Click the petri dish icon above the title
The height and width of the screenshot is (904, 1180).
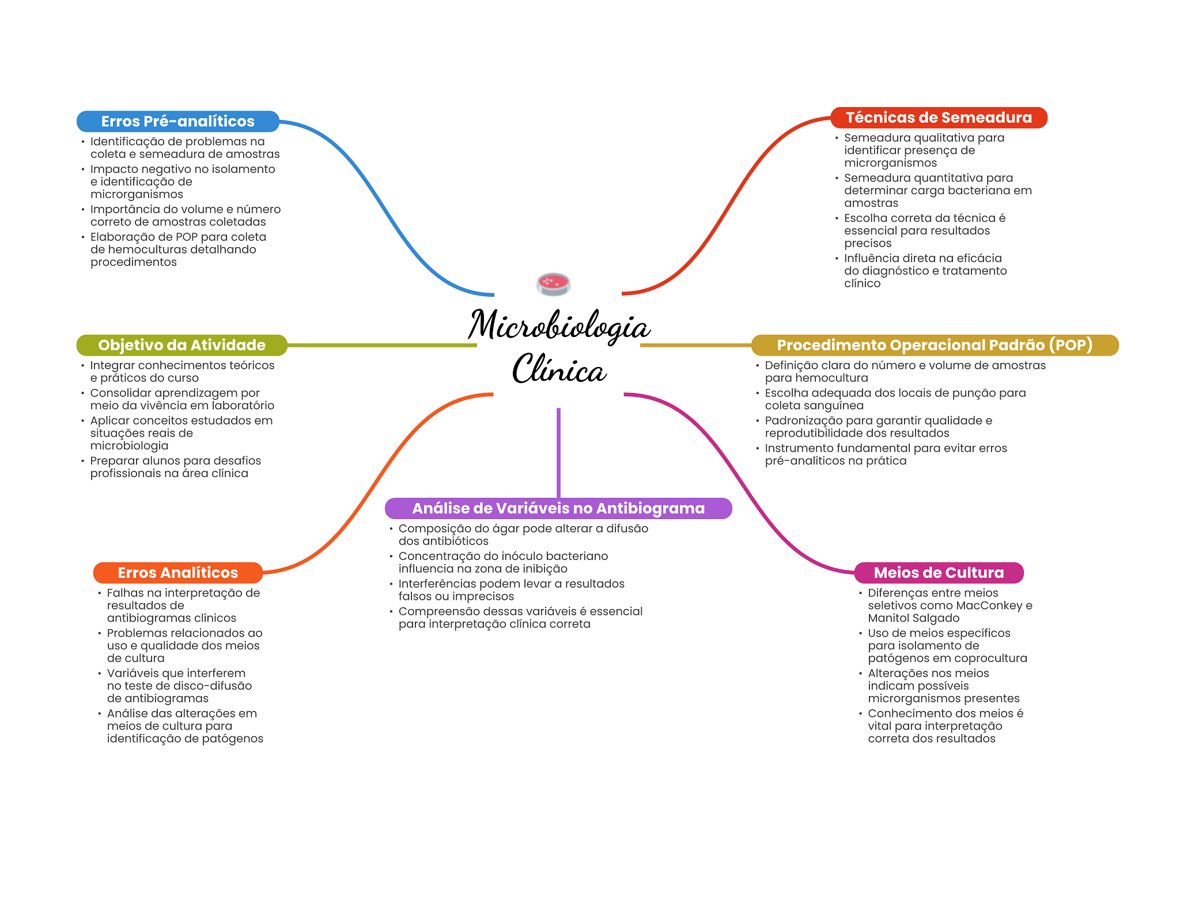point(553,283)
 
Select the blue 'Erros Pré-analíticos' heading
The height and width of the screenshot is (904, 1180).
point(177,121)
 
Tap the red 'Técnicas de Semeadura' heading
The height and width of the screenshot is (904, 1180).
point(938,118)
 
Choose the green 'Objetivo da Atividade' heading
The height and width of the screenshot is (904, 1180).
point(181,345)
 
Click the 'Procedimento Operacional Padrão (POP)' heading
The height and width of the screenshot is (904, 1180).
point(934,345)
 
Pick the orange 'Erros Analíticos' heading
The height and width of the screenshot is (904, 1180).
point(177,573)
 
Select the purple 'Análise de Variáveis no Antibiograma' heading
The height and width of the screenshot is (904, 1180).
point(558,508)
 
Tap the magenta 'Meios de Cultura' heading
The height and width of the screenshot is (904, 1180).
point(938,573)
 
